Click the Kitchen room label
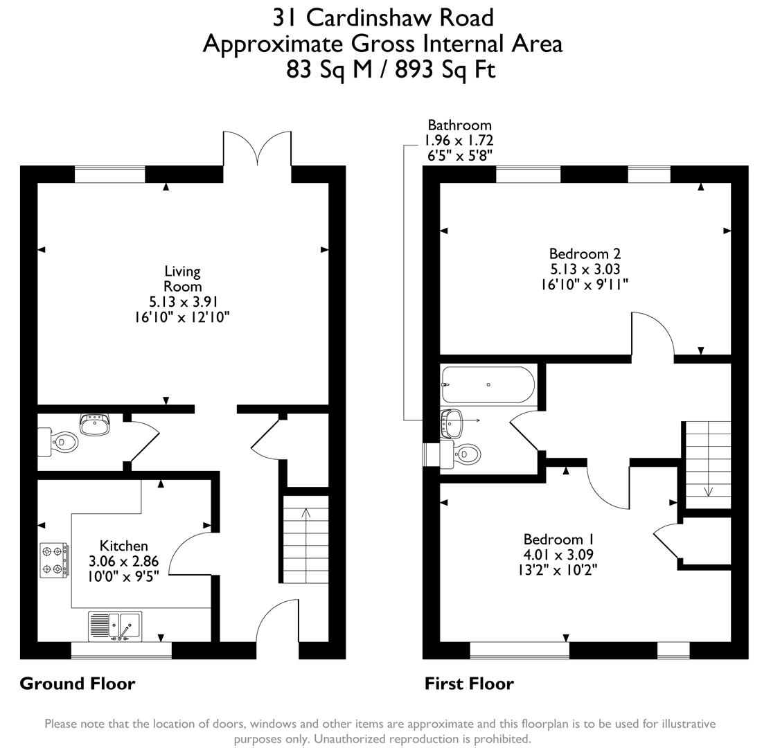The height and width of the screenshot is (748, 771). (123, 546)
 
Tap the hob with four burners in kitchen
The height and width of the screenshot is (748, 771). (54, 560)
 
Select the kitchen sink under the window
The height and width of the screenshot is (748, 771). (114, 626)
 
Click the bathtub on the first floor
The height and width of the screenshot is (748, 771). (488, 385)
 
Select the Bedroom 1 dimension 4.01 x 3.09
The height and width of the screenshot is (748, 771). (558, 555)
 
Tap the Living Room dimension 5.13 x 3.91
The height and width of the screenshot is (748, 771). (182, 302)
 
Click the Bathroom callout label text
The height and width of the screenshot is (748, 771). (459, 125)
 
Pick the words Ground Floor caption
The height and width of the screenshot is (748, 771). (77, 684)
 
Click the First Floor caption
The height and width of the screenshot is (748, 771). (469, 684)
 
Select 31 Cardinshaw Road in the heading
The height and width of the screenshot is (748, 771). (382, 17)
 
